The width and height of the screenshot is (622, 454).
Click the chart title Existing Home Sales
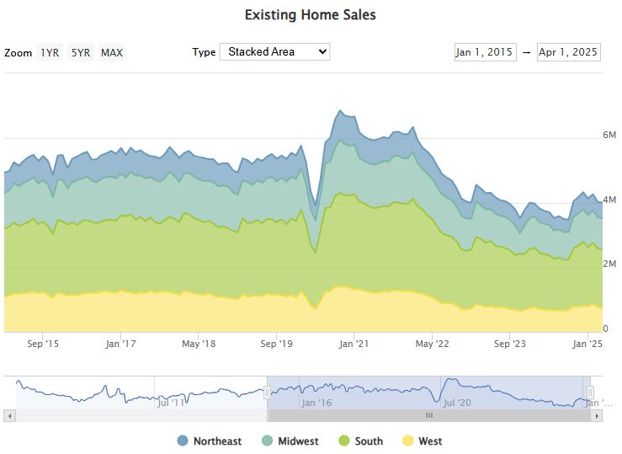[x=311, y=15]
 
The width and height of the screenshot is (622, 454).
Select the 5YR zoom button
[x=80, y=53]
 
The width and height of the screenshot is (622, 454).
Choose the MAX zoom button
[x=112, y=53]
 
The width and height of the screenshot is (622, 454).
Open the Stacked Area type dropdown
[x=274, y=51]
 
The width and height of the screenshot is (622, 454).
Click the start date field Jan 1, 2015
[x=485, y=52]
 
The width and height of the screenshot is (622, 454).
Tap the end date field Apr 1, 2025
[x=568, y=52]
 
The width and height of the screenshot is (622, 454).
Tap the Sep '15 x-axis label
[x=43, y=344]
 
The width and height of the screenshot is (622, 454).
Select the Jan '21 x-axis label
[x=354, y=344]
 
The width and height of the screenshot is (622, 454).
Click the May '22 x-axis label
[x=431, y=344]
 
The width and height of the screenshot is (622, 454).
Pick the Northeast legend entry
[x=210, y=441]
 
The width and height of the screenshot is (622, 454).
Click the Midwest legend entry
[x=290, y=441]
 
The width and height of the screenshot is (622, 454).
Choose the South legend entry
[x=360, y=441]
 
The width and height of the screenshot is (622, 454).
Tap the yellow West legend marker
[x=408, y=441]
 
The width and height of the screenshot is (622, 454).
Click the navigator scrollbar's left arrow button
[x=9, y=415]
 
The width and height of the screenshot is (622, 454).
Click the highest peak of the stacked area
[x=340, y=110]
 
